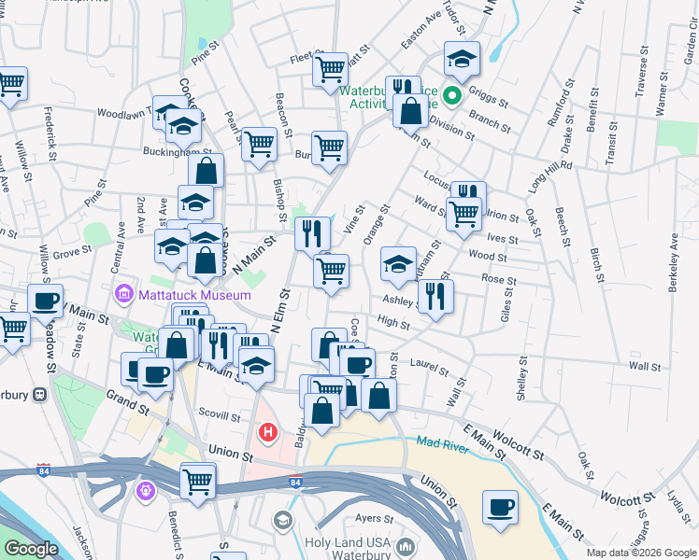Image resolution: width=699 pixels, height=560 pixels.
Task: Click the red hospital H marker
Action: click(x=268, y=433)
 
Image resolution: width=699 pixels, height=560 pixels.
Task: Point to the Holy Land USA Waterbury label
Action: click(x=346, y=541)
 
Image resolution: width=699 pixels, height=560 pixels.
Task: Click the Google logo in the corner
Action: click(x=31, y=549)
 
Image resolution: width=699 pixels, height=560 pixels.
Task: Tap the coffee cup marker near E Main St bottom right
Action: click(x=500, y=508)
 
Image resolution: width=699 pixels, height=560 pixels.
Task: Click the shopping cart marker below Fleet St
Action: click(x=330, y=69)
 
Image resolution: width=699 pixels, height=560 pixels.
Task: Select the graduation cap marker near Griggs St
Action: click(x=462, y=59)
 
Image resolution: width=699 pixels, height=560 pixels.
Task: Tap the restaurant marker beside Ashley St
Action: click(x=435, y=295)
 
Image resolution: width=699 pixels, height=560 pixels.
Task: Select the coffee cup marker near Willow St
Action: click(x=45, y=301)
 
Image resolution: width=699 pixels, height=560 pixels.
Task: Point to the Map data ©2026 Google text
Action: click(x=640, y=553)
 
